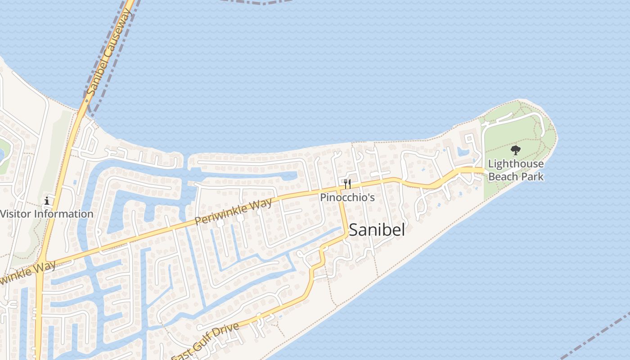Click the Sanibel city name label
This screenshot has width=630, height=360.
pos(377,230)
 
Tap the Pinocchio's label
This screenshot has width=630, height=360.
pos(347,198)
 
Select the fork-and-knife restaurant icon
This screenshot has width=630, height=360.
pos(347,184)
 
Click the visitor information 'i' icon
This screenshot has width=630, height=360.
pos(47,201)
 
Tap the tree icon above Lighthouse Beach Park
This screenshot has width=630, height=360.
pos(516,150)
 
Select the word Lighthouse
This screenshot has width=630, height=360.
pos(516,164)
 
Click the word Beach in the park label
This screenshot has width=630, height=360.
pos(504,176)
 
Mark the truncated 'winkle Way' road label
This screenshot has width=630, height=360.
pos(28,273)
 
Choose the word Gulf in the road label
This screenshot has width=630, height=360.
pos(205,342)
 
